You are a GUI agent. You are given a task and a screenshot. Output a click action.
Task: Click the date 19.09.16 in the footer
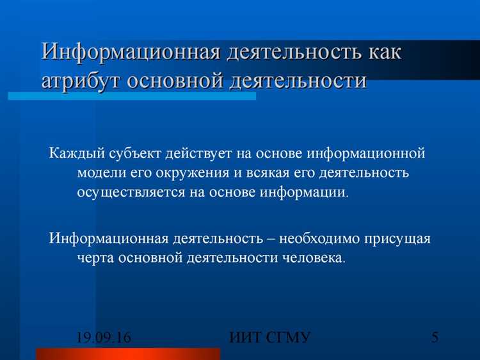tap(104, 338)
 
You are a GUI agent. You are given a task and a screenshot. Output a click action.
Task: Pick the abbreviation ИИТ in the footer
tap(247, 338)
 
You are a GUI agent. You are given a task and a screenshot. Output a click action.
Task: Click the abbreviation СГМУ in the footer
tap(289, 338)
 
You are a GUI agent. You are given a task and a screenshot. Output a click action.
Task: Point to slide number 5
tap(435, 338)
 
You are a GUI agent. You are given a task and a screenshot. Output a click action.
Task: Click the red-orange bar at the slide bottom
tap(128, 354)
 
